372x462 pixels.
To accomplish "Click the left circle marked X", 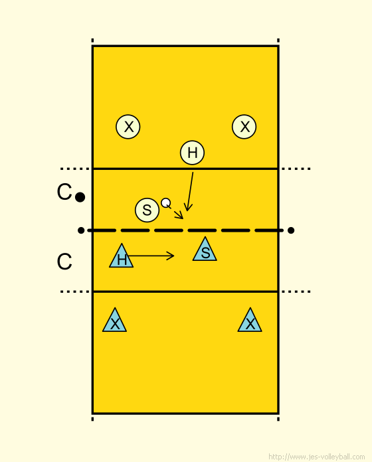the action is click(x=128, y=127).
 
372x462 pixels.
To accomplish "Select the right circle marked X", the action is click(x=244, y=127).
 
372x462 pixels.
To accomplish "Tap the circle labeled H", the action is click(x=192, y=153).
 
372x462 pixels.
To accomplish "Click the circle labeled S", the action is click(x=147, y=210).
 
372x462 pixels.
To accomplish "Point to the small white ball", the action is click(x=166, y=202).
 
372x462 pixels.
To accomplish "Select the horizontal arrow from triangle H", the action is click(x=150, y=256).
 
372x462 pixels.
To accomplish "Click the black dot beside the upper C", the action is click(x=80, y=197).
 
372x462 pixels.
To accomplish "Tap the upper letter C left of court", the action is click(x=64, y=192).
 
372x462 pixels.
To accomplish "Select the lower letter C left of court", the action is click(x=64, y=262).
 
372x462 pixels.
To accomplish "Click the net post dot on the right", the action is click(x=291, y=230).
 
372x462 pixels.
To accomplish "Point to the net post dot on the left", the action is click(x=81, y=230).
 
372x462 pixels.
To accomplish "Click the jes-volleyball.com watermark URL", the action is click(x=317, y=457).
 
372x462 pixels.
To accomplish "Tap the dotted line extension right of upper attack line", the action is click(x=296, y=169).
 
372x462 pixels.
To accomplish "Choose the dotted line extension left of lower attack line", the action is click(x=75, y=291).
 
